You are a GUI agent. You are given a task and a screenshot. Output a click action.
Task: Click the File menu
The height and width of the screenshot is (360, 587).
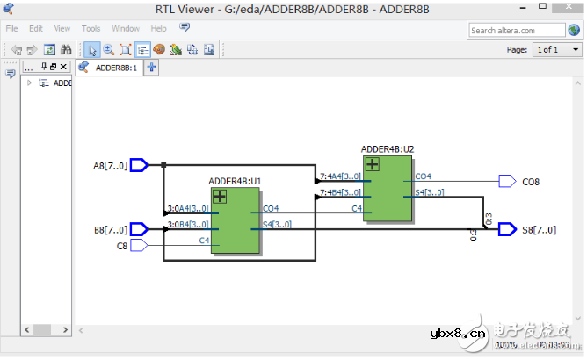[x=12, y=28]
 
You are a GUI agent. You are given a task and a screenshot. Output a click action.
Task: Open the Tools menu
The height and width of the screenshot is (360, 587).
[x=91, y=28]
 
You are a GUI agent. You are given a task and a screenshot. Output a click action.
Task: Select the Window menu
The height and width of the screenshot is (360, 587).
[x=126, y=28]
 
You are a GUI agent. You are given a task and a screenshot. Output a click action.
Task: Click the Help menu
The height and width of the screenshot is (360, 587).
[x=158, y=28]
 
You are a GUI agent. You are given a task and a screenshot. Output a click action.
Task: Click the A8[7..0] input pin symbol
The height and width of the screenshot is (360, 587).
[x=139, y=165]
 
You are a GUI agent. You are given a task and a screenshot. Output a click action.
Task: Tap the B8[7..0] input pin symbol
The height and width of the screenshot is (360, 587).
[x=139, y=230]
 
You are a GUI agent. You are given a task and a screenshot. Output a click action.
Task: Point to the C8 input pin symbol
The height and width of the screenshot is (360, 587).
[x=139, y=246]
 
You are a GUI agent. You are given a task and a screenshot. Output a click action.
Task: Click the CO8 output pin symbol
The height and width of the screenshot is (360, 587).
[x=507, y=182]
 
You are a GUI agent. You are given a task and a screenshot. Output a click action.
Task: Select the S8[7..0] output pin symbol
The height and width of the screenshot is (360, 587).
[x=507, y=230]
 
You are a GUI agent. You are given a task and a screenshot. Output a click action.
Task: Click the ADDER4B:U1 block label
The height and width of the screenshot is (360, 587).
[x=235, y=182]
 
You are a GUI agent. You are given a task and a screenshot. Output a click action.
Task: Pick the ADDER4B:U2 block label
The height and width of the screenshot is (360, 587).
[x=387, y=149]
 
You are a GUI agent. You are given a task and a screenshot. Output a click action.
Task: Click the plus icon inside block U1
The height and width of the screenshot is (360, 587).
[x=220, y=197]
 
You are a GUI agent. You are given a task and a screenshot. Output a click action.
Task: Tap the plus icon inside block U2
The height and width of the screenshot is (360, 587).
[x=373, y=164]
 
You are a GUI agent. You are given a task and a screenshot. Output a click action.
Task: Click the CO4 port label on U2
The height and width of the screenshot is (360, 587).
[x=424, y=176]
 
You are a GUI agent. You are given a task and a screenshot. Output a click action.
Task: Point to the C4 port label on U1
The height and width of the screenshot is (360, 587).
[x=204, y=240]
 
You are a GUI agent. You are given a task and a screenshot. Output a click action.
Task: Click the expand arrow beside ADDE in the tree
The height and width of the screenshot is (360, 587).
[x=29, y=83]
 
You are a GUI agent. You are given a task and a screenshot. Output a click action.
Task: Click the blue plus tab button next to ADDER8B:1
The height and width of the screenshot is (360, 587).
[x=152, y=67]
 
